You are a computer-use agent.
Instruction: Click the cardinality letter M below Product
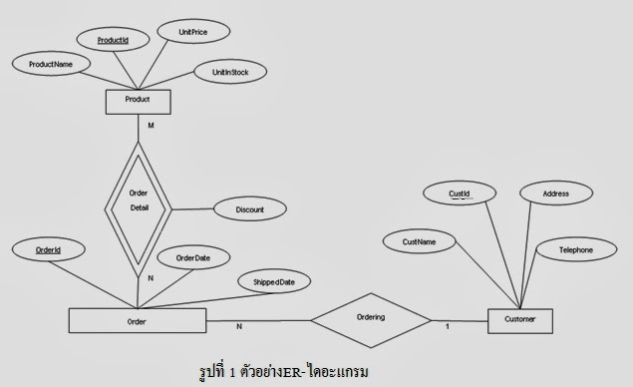(x=151, y=126)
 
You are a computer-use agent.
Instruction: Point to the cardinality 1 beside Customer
(x=448, y=326)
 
